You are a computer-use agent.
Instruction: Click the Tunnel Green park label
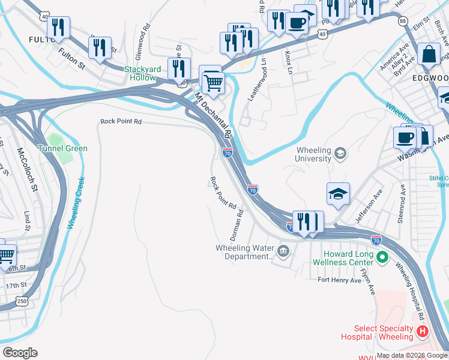[62, 148]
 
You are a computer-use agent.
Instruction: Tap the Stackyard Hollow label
[140, 73]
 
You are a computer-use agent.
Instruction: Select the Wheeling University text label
[322, 155]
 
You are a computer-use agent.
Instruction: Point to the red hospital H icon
[423, 331]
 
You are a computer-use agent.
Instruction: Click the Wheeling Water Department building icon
[283, 250]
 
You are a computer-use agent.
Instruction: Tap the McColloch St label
[26, 170]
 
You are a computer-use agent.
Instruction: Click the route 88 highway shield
[402, 20]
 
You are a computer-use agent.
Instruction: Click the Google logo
[20, 353]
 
